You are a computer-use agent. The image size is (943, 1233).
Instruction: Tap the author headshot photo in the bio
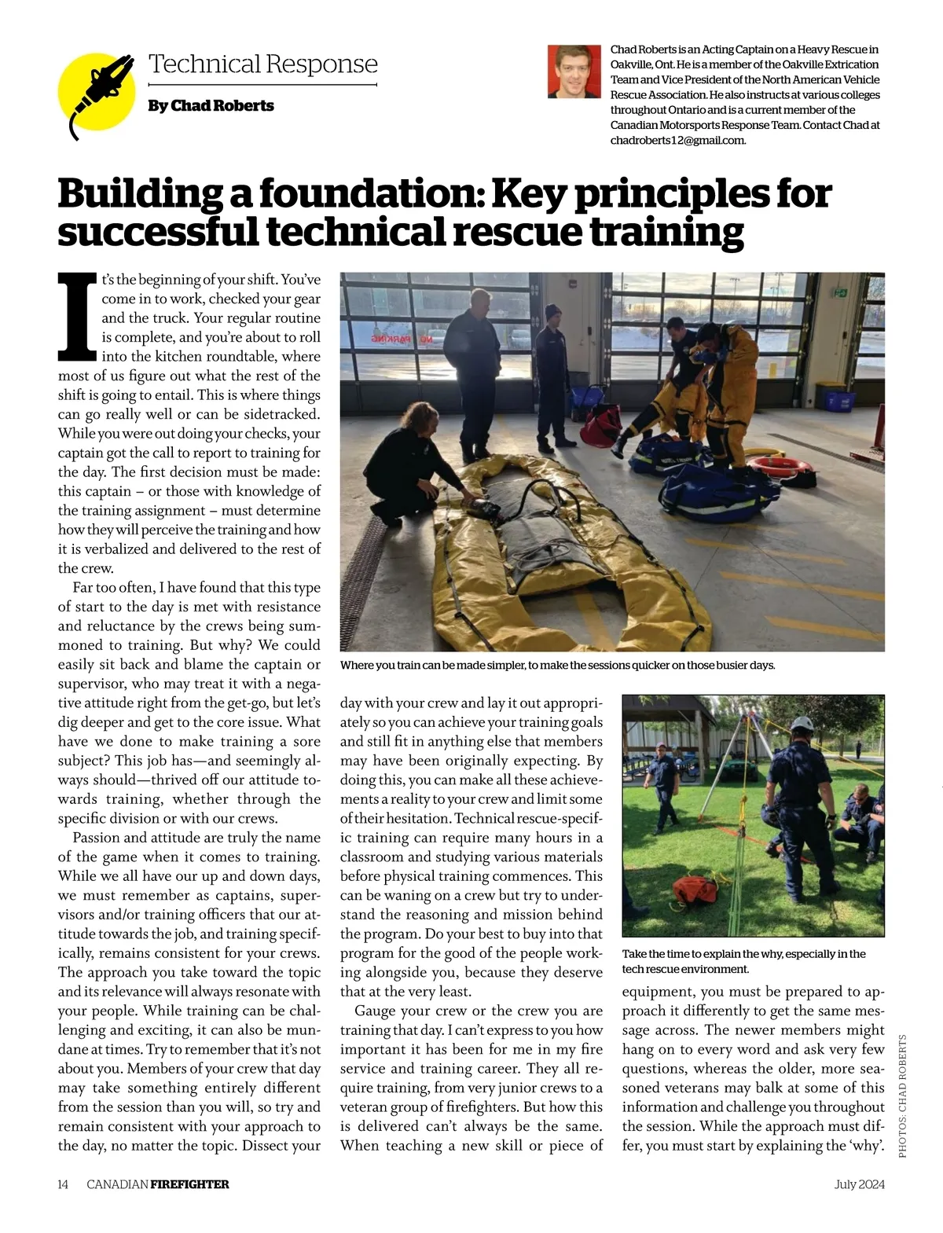pyautogui.click(x=574, y=72)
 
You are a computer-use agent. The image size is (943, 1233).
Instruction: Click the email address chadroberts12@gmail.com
pyautogui.click(x=677, y=140)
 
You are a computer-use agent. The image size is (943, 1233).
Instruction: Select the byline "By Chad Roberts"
pyautogui.click(x=211, y=106)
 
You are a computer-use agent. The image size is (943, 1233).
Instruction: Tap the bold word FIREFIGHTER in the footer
pyautogui.click(x=189, y=1184)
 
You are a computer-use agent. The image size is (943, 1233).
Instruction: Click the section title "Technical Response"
pyautogui.click(x=262, y=64)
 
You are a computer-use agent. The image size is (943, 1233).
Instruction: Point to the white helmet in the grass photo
pyautogui.click(x=802, y=723)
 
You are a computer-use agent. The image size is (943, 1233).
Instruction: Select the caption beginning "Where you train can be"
pyautogui.click(x=557, y=666)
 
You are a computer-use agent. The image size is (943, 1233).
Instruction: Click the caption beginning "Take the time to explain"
pyautogui.click(x=743, y=961)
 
